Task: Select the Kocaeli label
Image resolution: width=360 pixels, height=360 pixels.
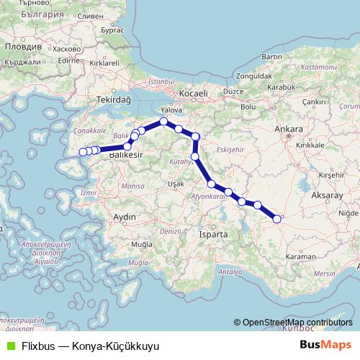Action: point(194,94)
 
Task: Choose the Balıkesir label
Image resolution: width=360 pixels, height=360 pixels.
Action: point(126,154)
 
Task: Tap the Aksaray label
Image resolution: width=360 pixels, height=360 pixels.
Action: point(325,195)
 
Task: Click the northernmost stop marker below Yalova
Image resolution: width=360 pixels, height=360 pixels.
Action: point(164,122)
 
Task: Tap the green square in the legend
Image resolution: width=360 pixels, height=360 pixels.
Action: point(9,345)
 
